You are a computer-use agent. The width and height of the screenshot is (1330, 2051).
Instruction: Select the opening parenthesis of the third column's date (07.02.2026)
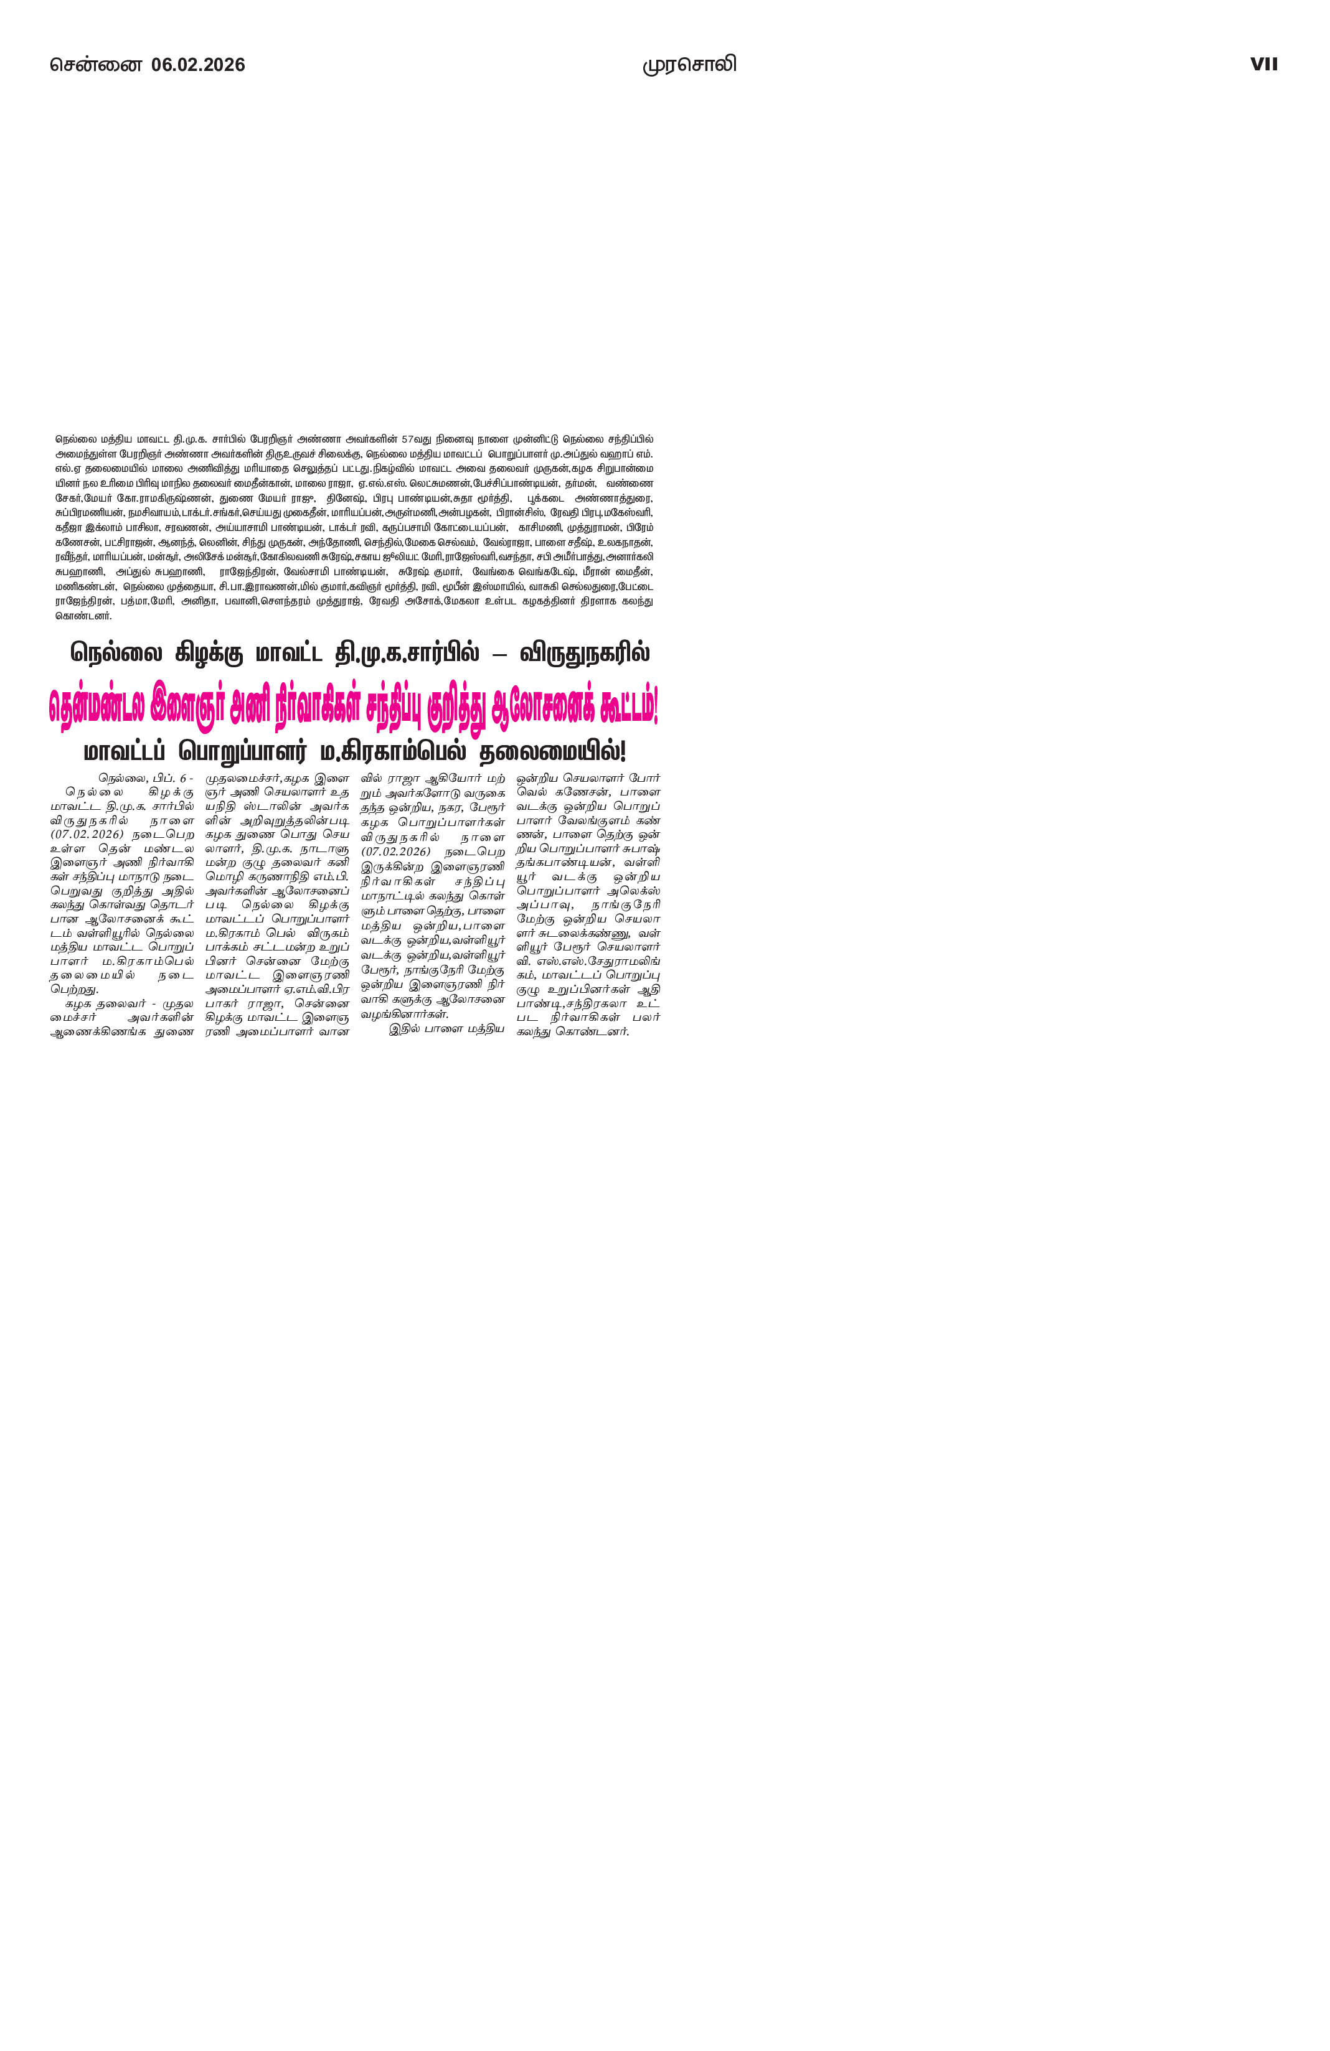point(363,852)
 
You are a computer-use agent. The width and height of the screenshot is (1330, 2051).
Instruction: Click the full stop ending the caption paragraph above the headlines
point(111,617)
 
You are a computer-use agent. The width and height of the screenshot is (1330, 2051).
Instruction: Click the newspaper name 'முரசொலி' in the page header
point(689,65)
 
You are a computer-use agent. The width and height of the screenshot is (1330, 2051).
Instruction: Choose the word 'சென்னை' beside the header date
point(95,65)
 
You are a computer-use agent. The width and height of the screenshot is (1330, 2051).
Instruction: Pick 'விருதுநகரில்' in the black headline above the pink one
point(585,652)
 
